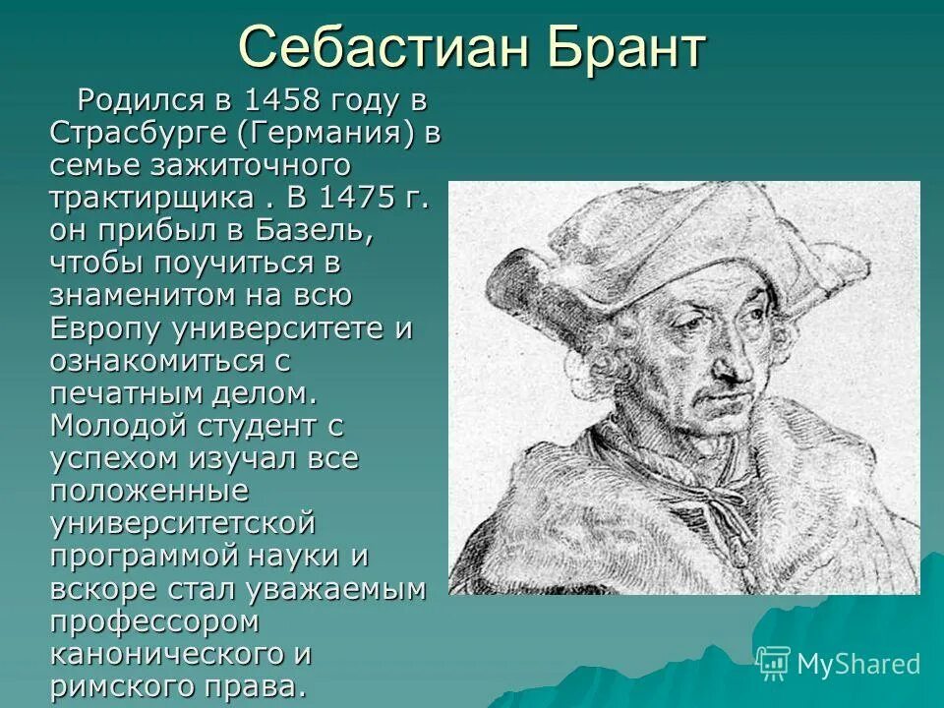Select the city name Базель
314,229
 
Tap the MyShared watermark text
857,664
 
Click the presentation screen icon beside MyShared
774,663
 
